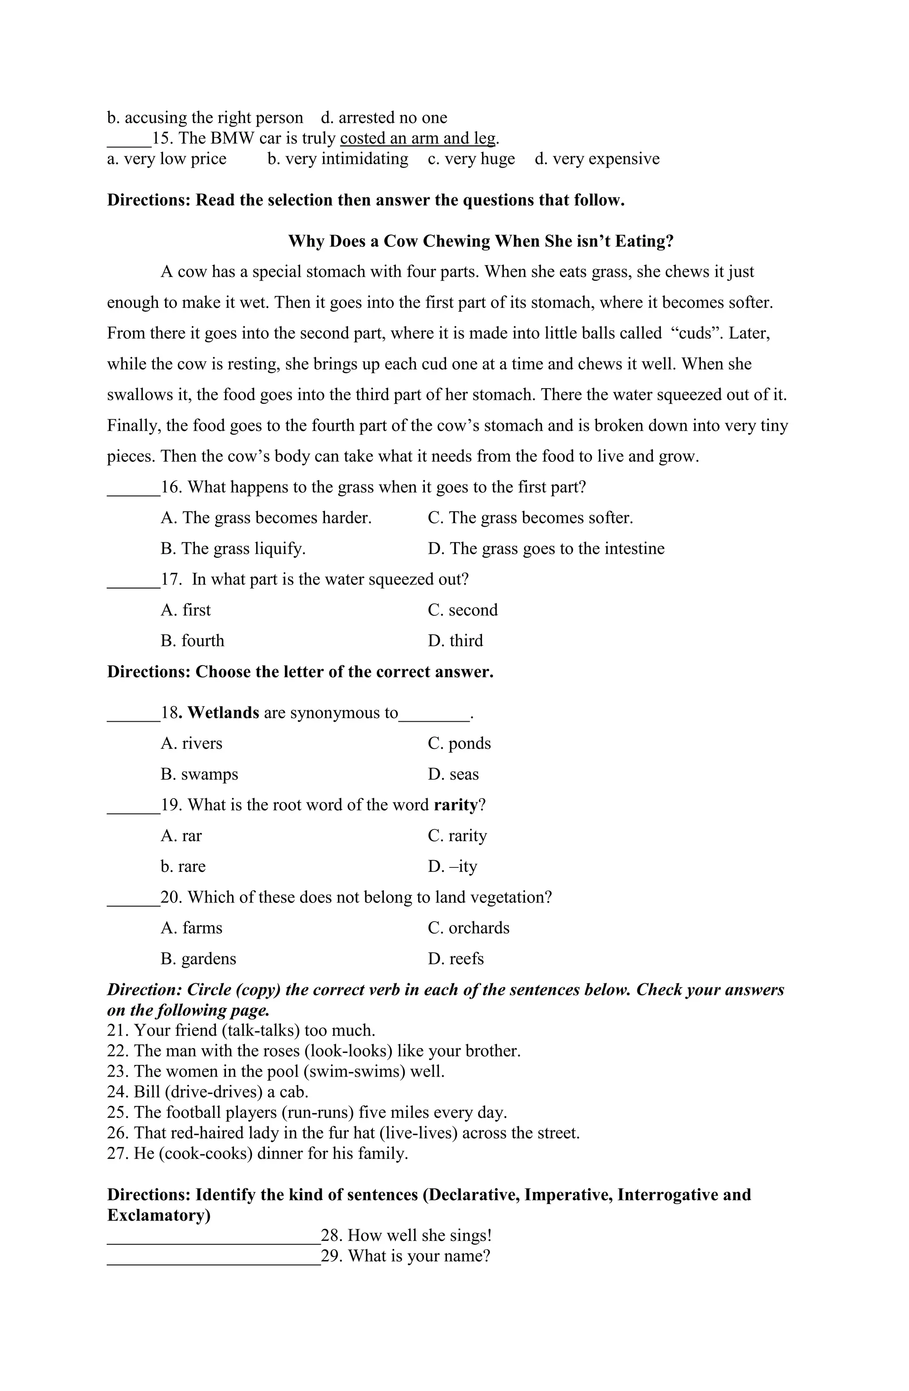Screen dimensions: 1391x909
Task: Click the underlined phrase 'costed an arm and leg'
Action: click(x=418, y=139)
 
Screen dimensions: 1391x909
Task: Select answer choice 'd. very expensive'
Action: click(x=597, y=159)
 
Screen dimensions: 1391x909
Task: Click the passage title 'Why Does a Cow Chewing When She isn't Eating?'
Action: click(x=480, y=241)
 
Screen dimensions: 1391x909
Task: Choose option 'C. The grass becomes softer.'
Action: click(x=530, y=518)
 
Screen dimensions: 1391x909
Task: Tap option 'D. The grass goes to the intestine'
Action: click(x=545, y=549)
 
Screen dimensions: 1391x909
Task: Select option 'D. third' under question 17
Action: click(x=455, y=641)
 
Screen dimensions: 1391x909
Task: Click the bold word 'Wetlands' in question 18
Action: click(x=223, y=713)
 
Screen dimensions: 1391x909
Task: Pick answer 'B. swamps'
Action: click(x=199, y=775)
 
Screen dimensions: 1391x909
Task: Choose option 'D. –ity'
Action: click(x=452, y=867)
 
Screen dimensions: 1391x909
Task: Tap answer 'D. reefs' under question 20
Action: click(x=456, y=959)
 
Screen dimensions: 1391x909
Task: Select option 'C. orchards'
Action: click(x=469, y=928)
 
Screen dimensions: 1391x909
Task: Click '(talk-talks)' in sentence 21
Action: click(x=261, y=1030)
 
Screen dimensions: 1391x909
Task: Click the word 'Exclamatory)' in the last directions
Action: click(x=159, y=1216)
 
